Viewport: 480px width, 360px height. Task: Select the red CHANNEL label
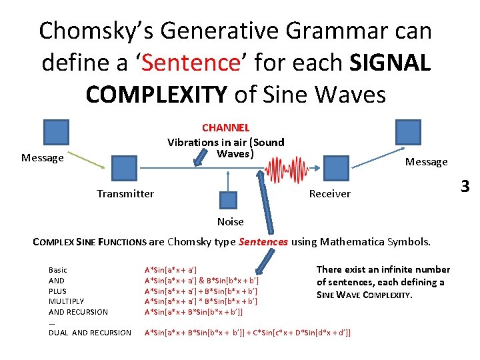(225, 127)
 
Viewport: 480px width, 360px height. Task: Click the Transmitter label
(125, 193)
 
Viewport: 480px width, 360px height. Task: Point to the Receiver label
(329, 193)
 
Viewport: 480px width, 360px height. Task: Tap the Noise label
(231, 221)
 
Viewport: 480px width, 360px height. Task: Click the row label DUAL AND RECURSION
(90, 332)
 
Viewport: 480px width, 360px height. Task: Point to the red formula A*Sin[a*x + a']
(171, 270)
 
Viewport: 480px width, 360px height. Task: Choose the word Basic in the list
(58, 270)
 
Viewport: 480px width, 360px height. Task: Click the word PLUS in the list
(58, 291)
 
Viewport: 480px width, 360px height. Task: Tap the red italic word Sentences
(263, 241)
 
